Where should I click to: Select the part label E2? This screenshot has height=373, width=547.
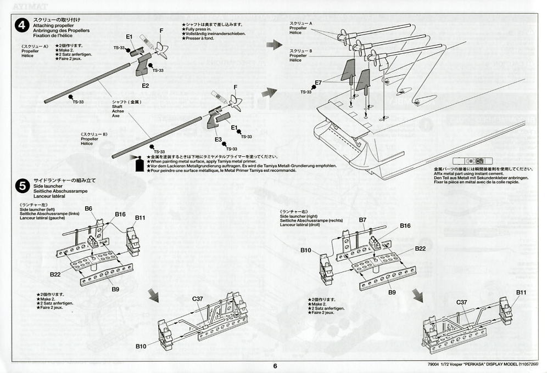click(x=145, y=86)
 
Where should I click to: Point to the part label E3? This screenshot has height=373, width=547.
click(x=218, y=140)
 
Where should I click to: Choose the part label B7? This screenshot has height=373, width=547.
click(x=362, y=220)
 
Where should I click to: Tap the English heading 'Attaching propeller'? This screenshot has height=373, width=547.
click(x=52, y=26)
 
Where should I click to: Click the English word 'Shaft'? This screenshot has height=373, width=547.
click(x=118, y=107)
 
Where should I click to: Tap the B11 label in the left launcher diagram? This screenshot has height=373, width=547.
click(x=141, y=218)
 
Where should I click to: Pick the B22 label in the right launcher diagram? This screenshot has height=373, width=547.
click(x=420, y=248)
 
